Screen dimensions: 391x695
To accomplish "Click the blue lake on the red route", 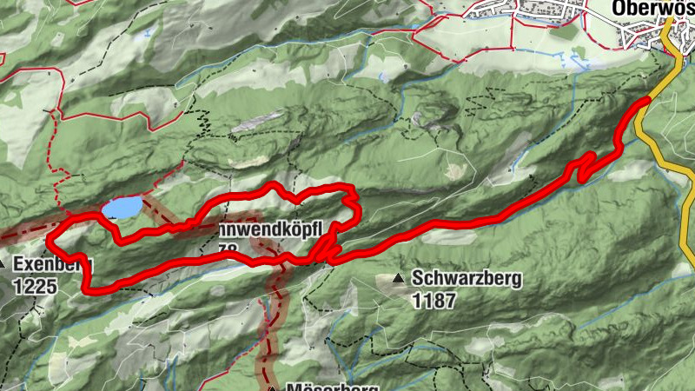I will [x=121, y=208].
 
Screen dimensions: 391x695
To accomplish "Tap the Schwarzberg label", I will [x=466, y=280].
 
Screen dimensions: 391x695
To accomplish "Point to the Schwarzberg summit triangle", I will [x=398, y=279].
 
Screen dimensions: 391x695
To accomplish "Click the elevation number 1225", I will [x=35, y=285].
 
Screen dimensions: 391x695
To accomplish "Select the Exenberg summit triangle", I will [x=3, y=263].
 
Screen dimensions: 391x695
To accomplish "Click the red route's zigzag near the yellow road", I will [x=586, y=165].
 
